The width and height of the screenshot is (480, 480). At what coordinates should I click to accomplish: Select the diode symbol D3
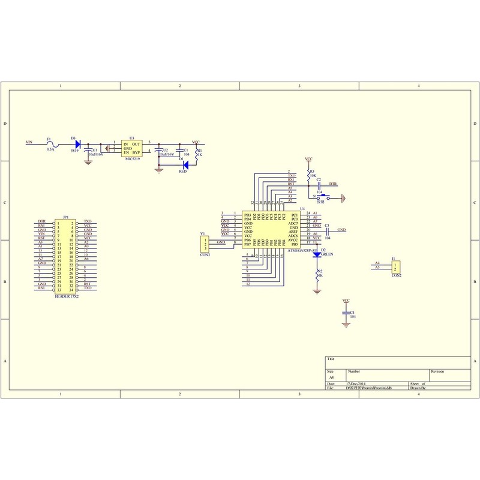coord(78,143)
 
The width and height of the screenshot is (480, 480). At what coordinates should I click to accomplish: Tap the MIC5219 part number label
coord(132,160)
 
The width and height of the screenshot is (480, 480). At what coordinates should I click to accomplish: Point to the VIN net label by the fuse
coord(28,143)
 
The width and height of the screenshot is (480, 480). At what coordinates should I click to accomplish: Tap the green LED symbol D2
coord(317,255)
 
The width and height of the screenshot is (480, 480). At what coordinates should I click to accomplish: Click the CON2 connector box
coord(396,266)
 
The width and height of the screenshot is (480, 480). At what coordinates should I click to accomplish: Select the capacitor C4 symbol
coord(346,313)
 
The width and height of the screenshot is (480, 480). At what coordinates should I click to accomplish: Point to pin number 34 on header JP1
coord(71,289)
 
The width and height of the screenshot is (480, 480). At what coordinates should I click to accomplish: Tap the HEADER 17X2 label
coord(66,296)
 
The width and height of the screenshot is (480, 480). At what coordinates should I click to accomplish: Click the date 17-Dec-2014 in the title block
coord(356,383)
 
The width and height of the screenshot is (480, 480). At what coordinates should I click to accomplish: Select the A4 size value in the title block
coord(330,378)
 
